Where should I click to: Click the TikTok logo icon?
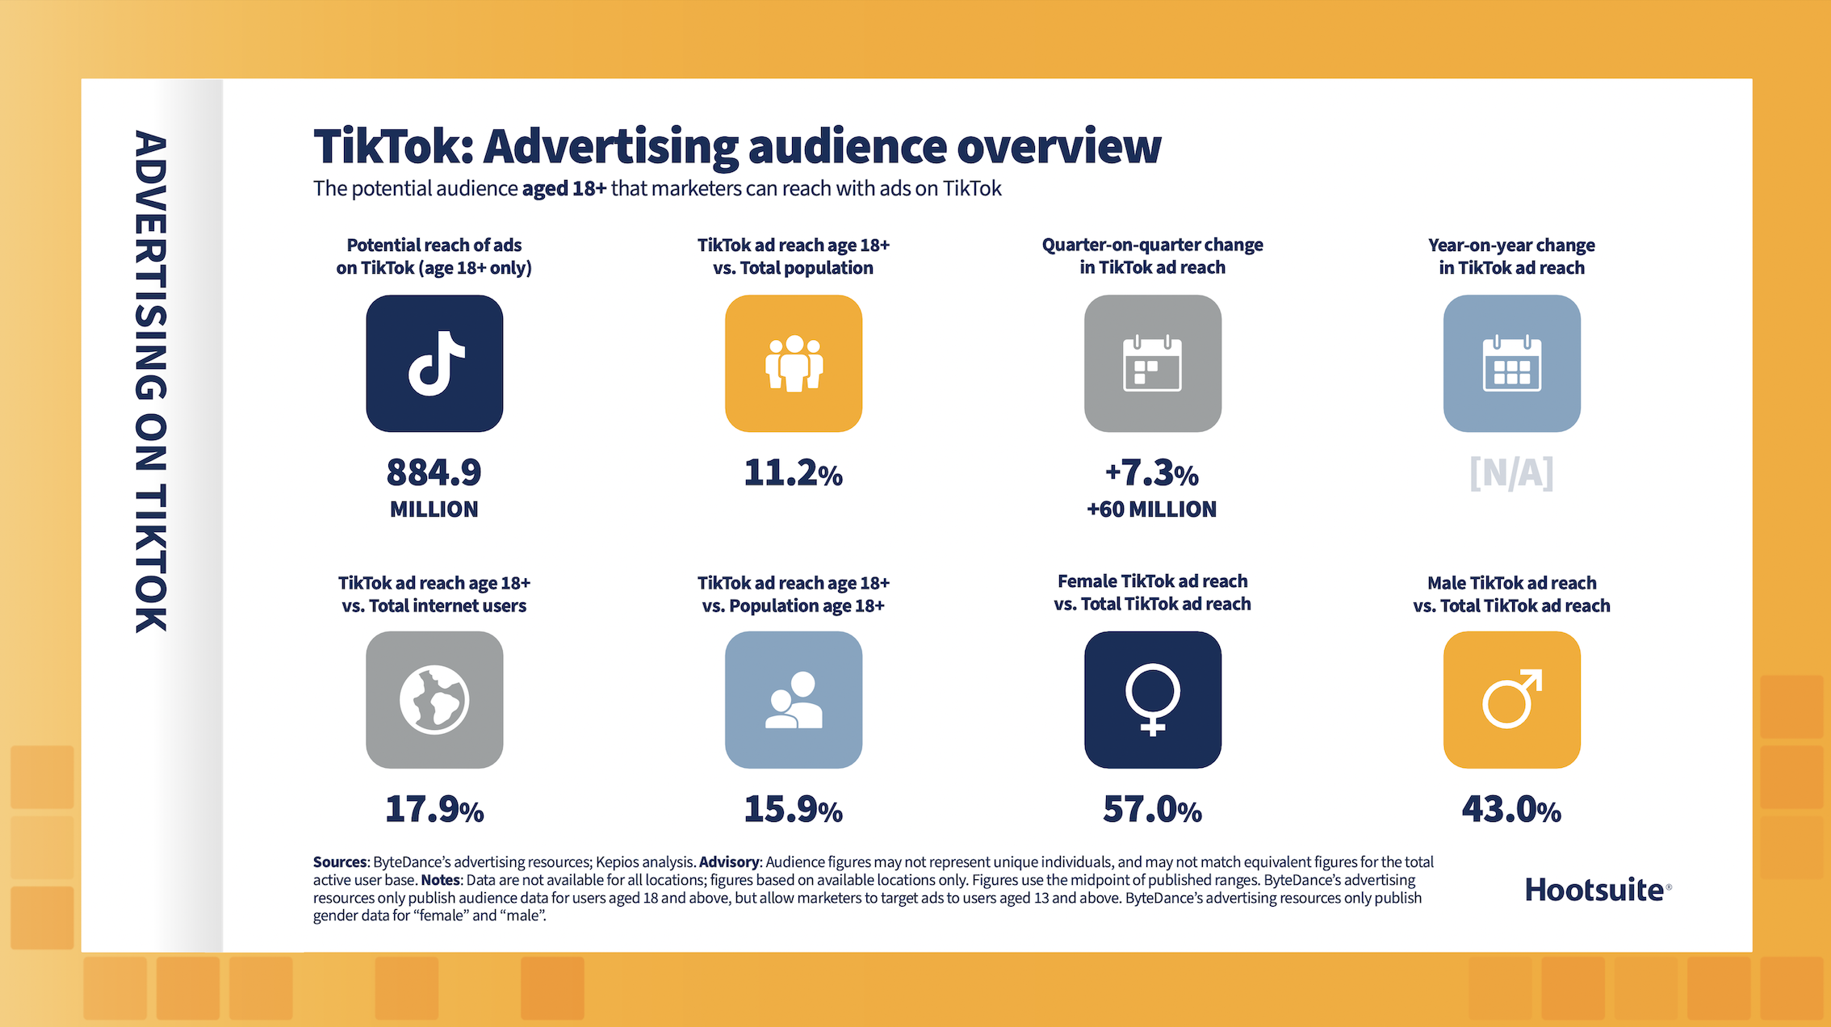(434, 363)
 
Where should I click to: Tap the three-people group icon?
(794, 363)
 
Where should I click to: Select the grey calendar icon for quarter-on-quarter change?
(1152, 363)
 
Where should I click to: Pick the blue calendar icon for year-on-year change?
(1511, 363)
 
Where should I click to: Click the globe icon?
(434, 699)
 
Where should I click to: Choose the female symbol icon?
(1152, 699)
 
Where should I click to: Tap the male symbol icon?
(1511, 699)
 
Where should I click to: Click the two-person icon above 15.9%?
(794, 699)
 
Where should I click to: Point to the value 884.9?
(434, 473)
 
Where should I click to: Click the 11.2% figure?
(793, 473)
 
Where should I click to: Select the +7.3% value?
(1152, 473)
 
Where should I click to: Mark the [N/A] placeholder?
(1511, 473)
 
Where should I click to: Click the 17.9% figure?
(434, 809)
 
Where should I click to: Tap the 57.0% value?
(1152, 809)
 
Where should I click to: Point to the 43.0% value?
(1511, 809)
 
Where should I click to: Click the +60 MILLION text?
(1152, 509)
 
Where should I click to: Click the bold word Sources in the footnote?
(339, 862)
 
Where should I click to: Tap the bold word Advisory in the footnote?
(729, 862)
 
